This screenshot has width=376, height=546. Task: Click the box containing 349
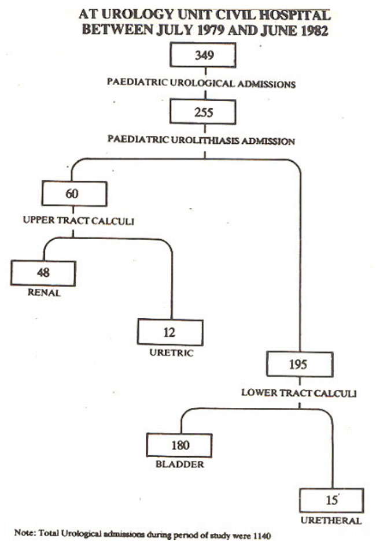[203, 55]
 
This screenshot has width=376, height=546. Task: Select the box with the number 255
[203, 112]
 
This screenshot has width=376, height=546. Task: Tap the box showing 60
[74, 193]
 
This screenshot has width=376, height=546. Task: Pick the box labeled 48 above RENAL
[43, 273]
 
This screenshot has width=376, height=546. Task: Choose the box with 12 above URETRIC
[170, 332]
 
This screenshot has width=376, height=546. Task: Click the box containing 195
[300, 364]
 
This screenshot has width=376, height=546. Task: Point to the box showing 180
[179, 445]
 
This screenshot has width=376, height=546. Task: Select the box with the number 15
[331, 500]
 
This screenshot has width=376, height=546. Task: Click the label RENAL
[44, 292]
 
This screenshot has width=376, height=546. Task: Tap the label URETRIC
[171, 353]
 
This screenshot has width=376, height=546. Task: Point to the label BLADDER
[179, 464]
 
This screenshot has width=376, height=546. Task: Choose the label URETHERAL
[331, 521]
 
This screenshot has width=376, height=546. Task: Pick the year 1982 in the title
[314, 31]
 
